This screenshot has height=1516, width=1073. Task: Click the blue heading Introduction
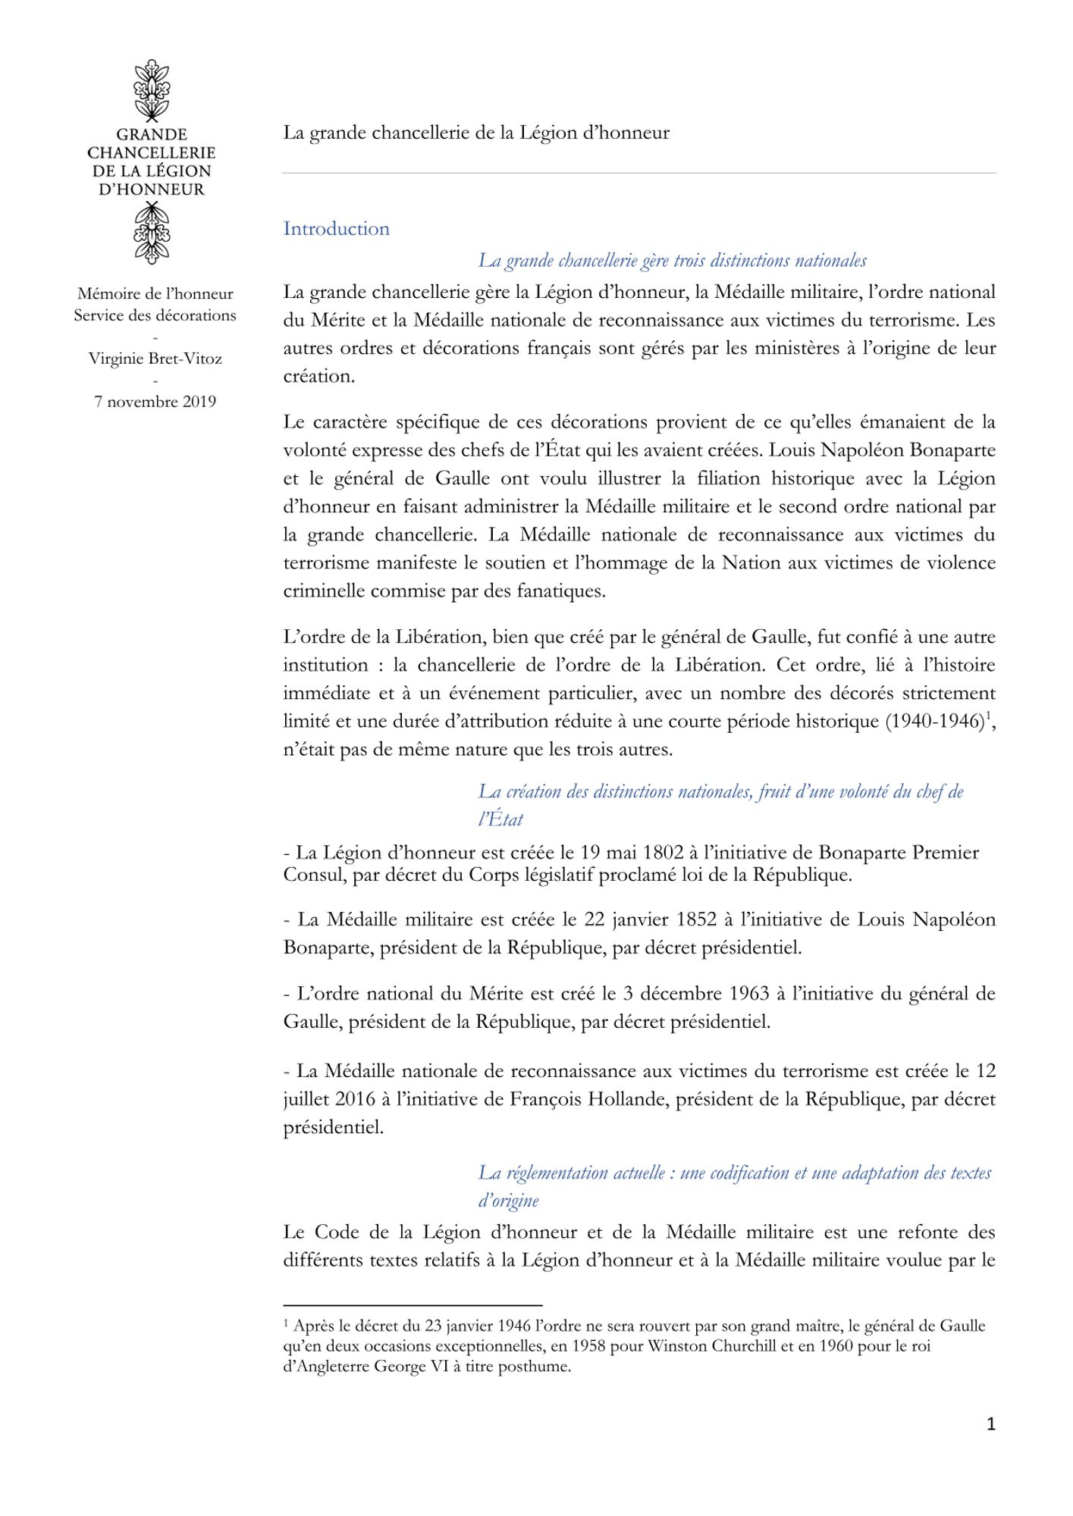pyautogui.click(x=336, y=229)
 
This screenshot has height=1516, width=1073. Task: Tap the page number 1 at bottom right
pyautogui.click(x=990, y=1424)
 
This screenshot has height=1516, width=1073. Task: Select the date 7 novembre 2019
pyautogui.click(x=155, y=402)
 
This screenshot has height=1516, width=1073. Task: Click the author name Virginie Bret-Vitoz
pyautogui.click(x=155, y=359)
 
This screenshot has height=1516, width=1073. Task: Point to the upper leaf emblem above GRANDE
pyautogui.click(x=152, y=89)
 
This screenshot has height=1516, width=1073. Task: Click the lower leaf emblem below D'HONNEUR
pyautogui.click(x=152, y=233)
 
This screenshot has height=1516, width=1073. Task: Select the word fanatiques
pyautogui.click(x=561, y=591)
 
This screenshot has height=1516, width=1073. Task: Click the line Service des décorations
pyautogui.click(x=155, y=315)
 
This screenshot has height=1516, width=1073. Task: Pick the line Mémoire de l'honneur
pyautogui.click(x=155, y=294)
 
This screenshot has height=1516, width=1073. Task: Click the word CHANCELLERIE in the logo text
pyautogui.click(x=152, y=153)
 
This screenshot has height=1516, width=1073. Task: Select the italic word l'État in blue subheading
pyautogui.click(x=500, y=819)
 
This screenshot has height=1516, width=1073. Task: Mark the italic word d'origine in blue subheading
pyautogui.click(x=508, y=1201)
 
